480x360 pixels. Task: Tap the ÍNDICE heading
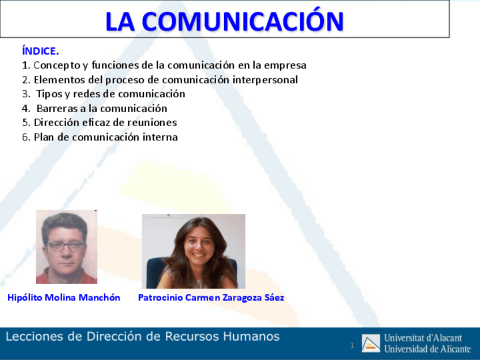[40, 52]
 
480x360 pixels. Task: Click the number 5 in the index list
[25, 123]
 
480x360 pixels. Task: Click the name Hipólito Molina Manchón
[64, 298]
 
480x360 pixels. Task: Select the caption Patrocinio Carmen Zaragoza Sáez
[211, 298]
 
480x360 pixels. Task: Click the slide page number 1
[352, 345]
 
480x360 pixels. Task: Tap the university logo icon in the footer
[371, 343]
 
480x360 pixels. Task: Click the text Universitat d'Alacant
[423, 338]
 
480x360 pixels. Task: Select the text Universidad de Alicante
[427, 349]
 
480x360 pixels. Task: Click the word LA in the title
[120, 21]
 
